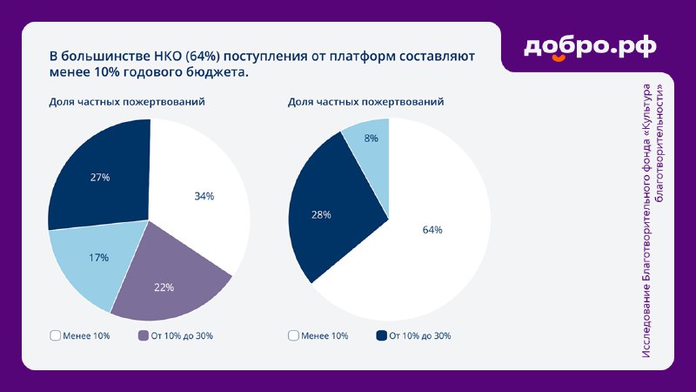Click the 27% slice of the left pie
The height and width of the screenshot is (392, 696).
point(100,177)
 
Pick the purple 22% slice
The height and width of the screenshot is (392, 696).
point(166,285)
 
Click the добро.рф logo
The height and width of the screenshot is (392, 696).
point(590,48)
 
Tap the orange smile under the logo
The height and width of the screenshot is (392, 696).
point(559,57)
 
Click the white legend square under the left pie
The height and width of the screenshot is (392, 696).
point(55,335)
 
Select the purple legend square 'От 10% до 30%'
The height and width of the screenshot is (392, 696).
point(143,335)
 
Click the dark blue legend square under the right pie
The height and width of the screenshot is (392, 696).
point(381,335)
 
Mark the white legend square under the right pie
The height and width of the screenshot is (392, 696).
point(293,335)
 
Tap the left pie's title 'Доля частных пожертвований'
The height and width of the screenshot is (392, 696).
point(127,102)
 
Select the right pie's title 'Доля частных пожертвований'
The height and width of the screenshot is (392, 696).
point(365,102)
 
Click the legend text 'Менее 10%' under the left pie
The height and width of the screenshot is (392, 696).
point(86,336)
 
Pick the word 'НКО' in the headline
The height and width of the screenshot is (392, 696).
point(167,57)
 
